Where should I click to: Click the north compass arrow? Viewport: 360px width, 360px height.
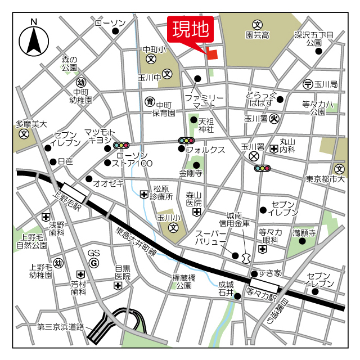pos(34,39)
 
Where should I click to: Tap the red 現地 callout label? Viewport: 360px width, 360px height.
pos(191,28)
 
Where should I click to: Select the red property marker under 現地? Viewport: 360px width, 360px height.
pos(212,53)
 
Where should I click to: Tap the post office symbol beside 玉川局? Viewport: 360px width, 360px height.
pos(308,84)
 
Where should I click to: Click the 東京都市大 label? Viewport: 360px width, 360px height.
pos(325,179)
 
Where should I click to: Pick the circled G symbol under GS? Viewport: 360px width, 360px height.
pos(94,263)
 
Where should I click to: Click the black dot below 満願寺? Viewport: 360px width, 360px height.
pos(301,241)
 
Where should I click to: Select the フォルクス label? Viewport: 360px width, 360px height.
pos(206,150)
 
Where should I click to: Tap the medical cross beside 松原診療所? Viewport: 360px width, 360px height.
pos(145,194)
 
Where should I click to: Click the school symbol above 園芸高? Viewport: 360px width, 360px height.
pos(257,24)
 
